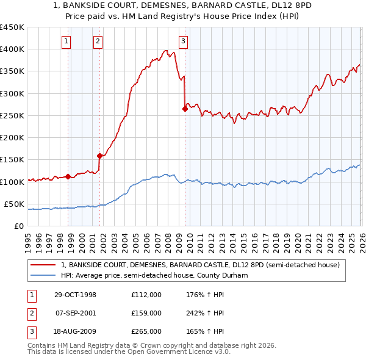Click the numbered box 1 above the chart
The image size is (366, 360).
[66, 41]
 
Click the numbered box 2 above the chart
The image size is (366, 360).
[98, 41]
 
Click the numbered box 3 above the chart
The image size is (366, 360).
[183, 41]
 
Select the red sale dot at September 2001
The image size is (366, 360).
[99, 156]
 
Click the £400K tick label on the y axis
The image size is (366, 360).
[12, 49]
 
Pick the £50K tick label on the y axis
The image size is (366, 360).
[14, 204]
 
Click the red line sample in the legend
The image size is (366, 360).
[43, 265]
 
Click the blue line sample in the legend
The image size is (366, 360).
[43, 275]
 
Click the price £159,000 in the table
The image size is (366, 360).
[146, 313]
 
